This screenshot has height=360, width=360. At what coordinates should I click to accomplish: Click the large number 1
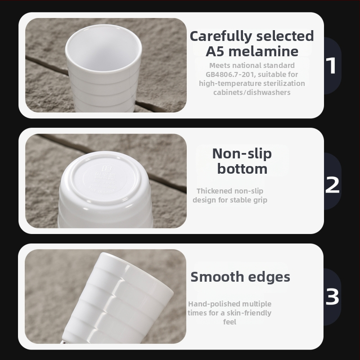point(332,65)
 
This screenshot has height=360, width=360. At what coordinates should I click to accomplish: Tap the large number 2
point(332,184)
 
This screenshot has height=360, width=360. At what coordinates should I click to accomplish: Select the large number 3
point(332,297)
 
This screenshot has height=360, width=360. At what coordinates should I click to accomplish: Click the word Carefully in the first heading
point(220,36)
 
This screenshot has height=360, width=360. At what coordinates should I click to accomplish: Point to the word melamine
point(263,51)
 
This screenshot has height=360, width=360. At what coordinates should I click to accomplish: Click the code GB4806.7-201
point(230,74)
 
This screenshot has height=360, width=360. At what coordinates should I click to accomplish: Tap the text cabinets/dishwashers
point(252,92)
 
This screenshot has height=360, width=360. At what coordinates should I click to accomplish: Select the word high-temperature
point(230,84)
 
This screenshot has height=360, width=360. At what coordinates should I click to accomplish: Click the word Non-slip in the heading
point(242,153)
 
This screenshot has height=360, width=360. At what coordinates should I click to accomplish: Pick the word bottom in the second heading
point(242,169)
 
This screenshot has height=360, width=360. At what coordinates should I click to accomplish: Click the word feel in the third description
point(229,322)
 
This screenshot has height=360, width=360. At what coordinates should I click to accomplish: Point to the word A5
point(215,51)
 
